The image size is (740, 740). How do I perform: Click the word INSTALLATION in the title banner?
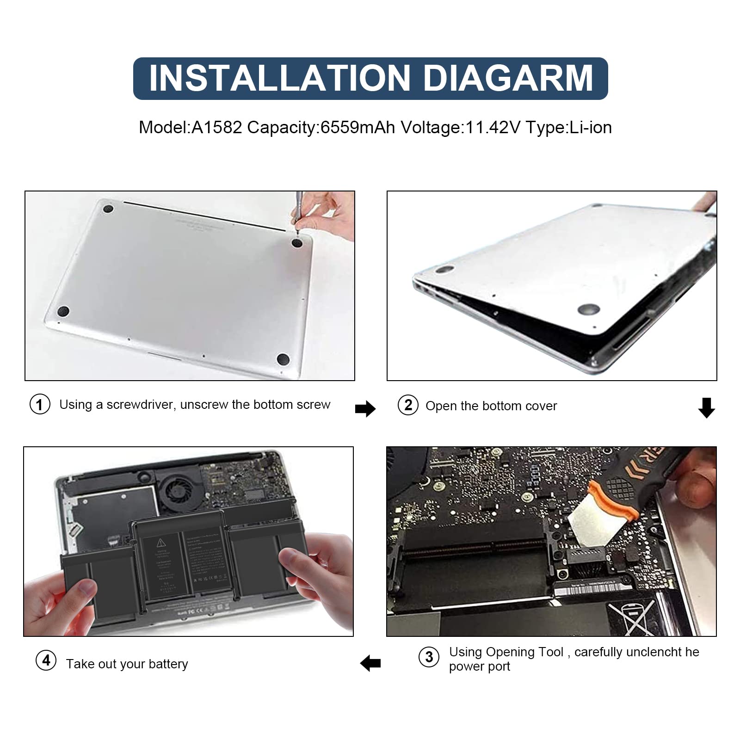pyautogui.click(x=280, y=78)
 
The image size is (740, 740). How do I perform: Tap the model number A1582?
pyautogui.click(x=216, y=127)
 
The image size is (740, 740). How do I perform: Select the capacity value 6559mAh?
pyautogui.click(x=358, y=127)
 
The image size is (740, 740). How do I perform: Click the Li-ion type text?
pyautogui.click(x=591, y=127)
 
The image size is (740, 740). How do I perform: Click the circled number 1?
pyautogui.click(x=40, y=405)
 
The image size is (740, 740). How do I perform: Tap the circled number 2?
pyautogui.click(x=408, y=405)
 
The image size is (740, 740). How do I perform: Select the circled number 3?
pyautogui.click(x=429, y=657)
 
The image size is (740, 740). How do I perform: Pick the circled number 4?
pyautogui.click(x=46, y=660)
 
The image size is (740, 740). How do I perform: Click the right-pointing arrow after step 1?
pyautogui.click(x=365, y=408)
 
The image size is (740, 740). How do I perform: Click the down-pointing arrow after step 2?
pyautogui.click(x=706, y=407)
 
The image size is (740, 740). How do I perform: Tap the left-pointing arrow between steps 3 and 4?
pyautogui.click(x=370, y=663)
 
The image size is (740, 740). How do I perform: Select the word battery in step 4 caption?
pyautogui.click(x=168, y=664)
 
